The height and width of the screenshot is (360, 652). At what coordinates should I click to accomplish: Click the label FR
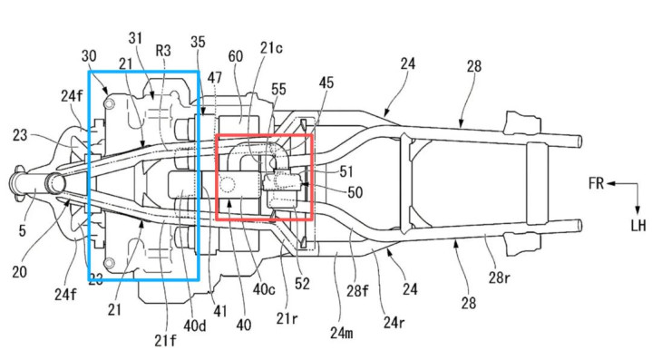coord(596,183)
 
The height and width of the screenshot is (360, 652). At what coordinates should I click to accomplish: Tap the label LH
coord(637,225)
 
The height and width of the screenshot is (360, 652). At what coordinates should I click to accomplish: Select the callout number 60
coord(236,55)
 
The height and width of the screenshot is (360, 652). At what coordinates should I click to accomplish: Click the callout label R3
coord(163,51)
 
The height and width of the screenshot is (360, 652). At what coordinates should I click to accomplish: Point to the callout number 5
coord(22,231)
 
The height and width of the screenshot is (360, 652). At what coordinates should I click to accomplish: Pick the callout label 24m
coord(341,333)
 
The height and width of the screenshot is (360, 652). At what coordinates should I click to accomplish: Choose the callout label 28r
coord(499,277)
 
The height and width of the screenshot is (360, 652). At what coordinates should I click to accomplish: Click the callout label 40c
coord(264,289)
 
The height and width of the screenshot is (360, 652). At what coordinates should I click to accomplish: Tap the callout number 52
coord(302,284)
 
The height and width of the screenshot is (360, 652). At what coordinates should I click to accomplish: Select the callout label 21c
coord(271,48)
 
